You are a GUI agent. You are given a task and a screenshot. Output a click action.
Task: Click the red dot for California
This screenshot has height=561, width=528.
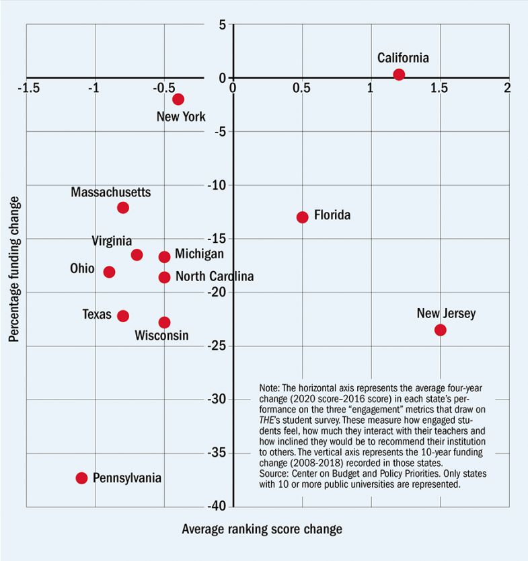tap(399, 75)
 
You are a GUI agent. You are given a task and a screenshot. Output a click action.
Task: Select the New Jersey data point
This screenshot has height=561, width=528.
tap(440, 330)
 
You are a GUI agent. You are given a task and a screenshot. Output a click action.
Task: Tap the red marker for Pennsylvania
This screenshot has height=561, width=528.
tap(81, 478)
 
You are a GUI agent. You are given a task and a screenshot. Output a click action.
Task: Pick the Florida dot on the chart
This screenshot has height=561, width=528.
tap(302, 217)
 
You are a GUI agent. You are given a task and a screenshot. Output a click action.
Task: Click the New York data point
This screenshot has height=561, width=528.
tap(178, 99)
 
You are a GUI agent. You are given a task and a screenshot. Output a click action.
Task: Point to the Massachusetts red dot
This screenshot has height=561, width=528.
tap(122, 207)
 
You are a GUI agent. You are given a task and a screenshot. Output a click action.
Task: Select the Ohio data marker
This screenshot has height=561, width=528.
tap(109, 272)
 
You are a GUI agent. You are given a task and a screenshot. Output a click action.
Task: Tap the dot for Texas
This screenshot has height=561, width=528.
tap(122, 315)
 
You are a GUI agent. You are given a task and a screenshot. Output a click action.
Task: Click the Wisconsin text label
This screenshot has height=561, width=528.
tap(161, 336)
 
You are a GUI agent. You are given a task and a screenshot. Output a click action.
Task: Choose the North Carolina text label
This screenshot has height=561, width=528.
tap(214, 276)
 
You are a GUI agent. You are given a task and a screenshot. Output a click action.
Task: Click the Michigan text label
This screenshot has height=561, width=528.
tap(199, 254)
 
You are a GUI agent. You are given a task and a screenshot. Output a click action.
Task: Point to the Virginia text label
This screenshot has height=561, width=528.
tap(112, 241)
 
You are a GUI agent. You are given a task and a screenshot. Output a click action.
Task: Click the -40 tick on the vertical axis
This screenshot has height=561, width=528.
tap(222, 507)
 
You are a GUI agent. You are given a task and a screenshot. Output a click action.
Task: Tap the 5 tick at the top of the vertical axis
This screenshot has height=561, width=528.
tap(222, 25)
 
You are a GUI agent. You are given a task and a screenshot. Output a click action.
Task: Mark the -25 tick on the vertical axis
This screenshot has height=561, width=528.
tap(222, 346)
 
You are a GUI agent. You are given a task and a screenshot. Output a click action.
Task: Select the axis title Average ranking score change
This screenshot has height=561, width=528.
tap(262, 529)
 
